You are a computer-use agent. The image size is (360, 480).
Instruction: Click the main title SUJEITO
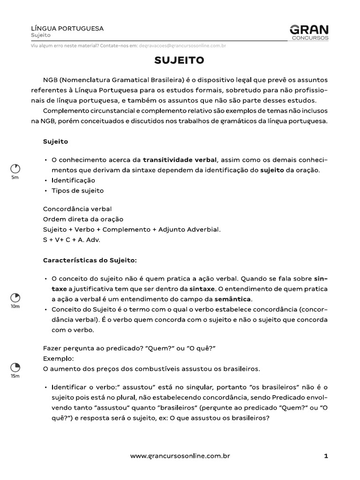(x=180, y=60)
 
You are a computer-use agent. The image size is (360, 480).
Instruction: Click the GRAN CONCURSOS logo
(x=309, y=32)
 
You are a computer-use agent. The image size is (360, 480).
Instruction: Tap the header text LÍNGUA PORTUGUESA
(x=67, y=29)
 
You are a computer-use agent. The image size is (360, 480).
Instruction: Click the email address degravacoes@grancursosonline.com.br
(x=182, y=46)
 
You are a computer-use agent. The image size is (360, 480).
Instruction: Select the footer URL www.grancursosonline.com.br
(x=180, y=455)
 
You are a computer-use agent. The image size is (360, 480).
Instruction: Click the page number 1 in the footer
(x=326, y=455)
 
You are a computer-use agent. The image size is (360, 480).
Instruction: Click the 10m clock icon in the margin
(x=15, y=298)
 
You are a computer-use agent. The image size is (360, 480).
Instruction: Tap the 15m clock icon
(x=15, y=367)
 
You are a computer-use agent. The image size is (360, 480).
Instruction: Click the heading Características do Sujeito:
(x=90, y=260)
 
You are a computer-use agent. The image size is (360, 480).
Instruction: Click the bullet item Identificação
(x=73, y=180)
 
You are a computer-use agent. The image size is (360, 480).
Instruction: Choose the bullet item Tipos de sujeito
(x=77, y=191)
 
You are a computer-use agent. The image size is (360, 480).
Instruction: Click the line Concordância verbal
(x=77, y=209)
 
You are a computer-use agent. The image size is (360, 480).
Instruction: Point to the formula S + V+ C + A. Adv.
(x=72, y=240)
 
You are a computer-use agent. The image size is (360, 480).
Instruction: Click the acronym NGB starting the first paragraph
(x=51, y=79)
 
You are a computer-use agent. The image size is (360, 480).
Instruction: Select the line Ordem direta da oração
(x=83, y=219)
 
